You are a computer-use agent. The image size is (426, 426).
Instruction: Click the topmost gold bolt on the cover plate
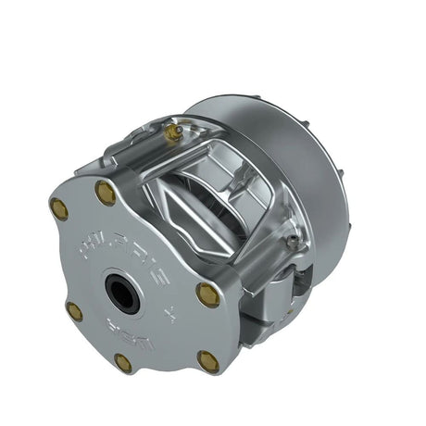click(106, 193)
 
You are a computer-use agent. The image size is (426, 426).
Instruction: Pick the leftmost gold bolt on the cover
click(59, 208)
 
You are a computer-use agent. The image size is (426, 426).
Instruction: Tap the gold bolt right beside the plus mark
click(207, 295)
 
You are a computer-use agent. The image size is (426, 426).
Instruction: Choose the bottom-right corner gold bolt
click(209, 359)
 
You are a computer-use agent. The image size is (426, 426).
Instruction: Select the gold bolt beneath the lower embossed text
click(123, 362)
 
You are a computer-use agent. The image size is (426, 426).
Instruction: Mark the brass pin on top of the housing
click(171, 133)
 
